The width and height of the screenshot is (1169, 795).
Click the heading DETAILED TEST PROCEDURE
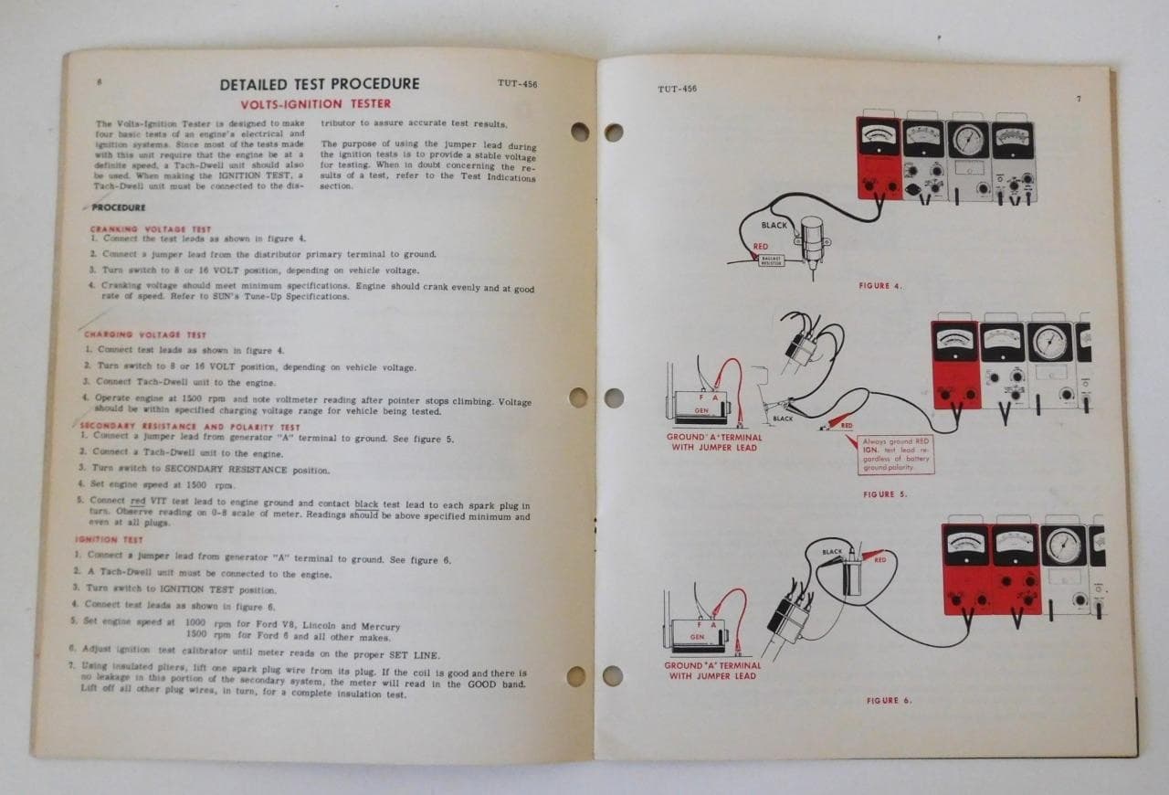[319, 85]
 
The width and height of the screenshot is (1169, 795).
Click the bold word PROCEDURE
[118, 207]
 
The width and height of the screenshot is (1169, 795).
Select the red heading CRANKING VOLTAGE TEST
[150, 229]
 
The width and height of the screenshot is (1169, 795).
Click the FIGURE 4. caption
[880, 286]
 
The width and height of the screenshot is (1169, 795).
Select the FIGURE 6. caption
[889, 701]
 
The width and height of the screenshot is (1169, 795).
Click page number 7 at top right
[1078, 99]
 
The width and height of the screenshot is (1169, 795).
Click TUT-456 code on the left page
[517, 84]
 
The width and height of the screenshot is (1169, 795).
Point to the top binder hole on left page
[580, 132]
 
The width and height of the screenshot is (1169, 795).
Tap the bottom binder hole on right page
[613, 675]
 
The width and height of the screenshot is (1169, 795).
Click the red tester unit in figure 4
[878, 158]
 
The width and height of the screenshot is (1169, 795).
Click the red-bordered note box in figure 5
[897, 454]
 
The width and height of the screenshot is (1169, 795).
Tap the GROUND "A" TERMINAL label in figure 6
[712, 671]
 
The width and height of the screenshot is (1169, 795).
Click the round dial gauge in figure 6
[1064, 546]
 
